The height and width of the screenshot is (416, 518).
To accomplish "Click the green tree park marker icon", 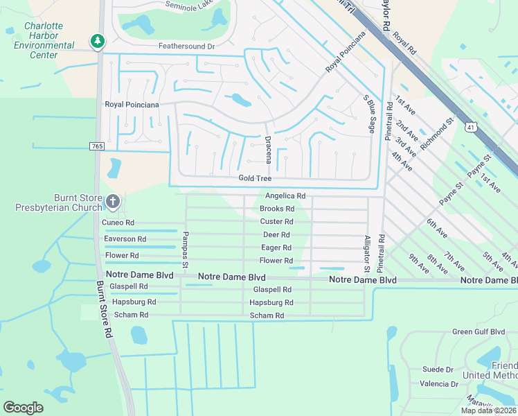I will tap(98, 42).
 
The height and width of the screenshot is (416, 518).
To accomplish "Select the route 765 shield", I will tap(96, 146).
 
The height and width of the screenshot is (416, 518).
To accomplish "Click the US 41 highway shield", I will tap(471, 128).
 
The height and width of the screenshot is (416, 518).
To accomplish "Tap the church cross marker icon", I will tap(114, 202).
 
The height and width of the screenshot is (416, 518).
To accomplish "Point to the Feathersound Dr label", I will tap(187, 46).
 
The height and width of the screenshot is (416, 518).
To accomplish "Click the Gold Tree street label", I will tap(255, 179).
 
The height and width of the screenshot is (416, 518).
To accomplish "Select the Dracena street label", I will tap(269, 149).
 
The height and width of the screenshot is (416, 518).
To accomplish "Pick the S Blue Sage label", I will tap(369, 114).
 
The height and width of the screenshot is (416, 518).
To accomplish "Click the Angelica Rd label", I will tap(285, 196).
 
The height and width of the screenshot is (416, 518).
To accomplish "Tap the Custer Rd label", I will tap(276, 222).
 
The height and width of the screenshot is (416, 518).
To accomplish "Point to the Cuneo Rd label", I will tap(118, 223).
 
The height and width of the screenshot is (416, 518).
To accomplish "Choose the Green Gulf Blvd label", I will tap(479, 332).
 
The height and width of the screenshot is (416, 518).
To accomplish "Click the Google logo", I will tap(24, 407).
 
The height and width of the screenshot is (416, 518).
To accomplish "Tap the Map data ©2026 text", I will tap(488, 410).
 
